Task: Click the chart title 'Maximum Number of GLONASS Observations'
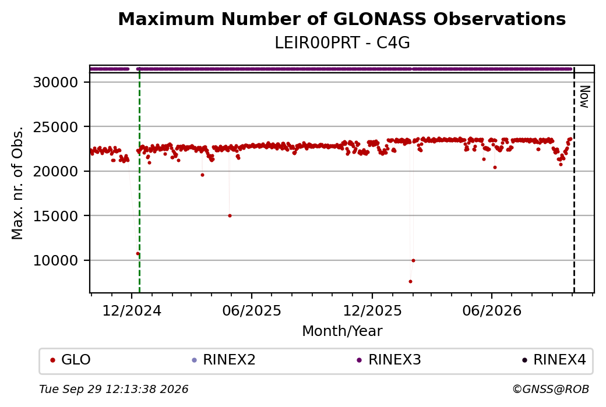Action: pyautogui.click(x=342, y=19)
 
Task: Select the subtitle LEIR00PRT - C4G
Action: pyautogui.click(x=342, y=43)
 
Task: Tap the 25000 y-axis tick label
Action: pyautogui.click(x=56, y=127)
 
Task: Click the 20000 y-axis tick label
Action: pyautogui.click(x=56, y=171)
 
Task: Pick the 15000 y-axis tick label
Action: pyautogui.click(x=56, y=216)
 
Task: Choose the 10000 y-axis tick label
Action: pyautogui.click(x=56, y=260)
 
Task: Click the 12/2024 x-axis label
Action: pyautogui.click(x=132, y=310)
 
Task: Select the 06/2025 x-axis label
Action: pyautogui.click(x=252, y=310)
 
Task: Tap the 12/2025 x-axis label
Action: pyautogui.click(x=372, y=310)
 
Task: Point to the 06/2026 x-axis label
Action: pyautogui.click(x=492, y=310)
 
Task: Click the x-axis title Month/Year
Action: pyautogui.click(x=342, y=331)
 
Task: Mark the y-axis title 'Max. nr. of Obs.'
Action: pyautogui.click(x=17, y=183)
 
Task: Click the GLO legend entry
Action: pyautogui.click(x=71, y=360)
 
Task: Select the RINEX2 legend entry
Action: pyautogui.click(x=224, y=360)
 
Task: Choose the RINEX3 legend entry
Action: pyautogui.click(x=389, y=360)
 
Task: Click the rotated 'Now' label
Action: pyautogui.click(x=585, y=97)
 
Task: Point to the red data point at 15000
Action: pyautogui.click(x=230, y=216)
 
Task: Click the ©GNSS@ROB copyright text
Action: pyautogui.click(x=551, y=389)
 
